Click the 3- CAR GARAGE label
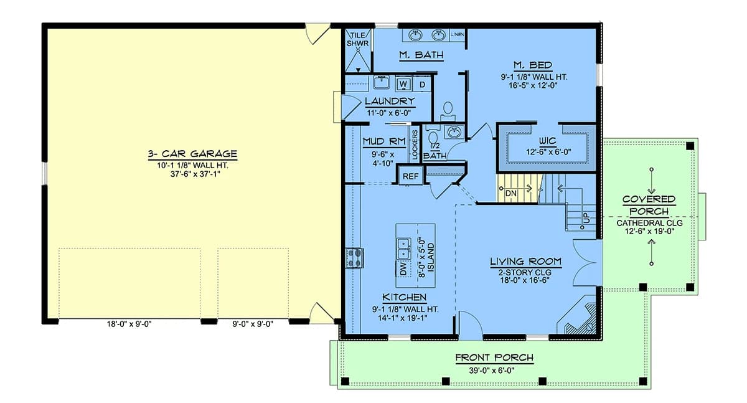192,154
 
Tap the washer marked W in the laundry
403,83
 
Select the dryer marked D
422,84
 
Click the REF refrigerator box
410,176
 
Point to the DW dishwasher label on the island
403,268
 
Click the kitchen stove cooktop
354,258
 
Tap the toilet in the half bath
433,140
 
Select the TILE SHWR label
357,39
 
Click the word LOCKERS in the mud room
415,145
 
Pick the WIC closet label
548,141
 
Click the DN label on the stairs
510,194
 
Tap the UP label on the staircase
586,218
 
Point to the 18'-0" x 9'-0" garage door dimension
129,324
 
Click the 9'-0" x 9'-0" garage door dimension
253,324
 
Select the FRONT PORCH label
494,358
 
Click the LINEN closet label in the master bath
457,34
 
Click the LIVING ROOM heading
525,262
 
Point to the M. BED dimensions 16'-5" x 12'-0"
533,86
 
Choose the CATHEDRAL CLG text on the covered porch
649,223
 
